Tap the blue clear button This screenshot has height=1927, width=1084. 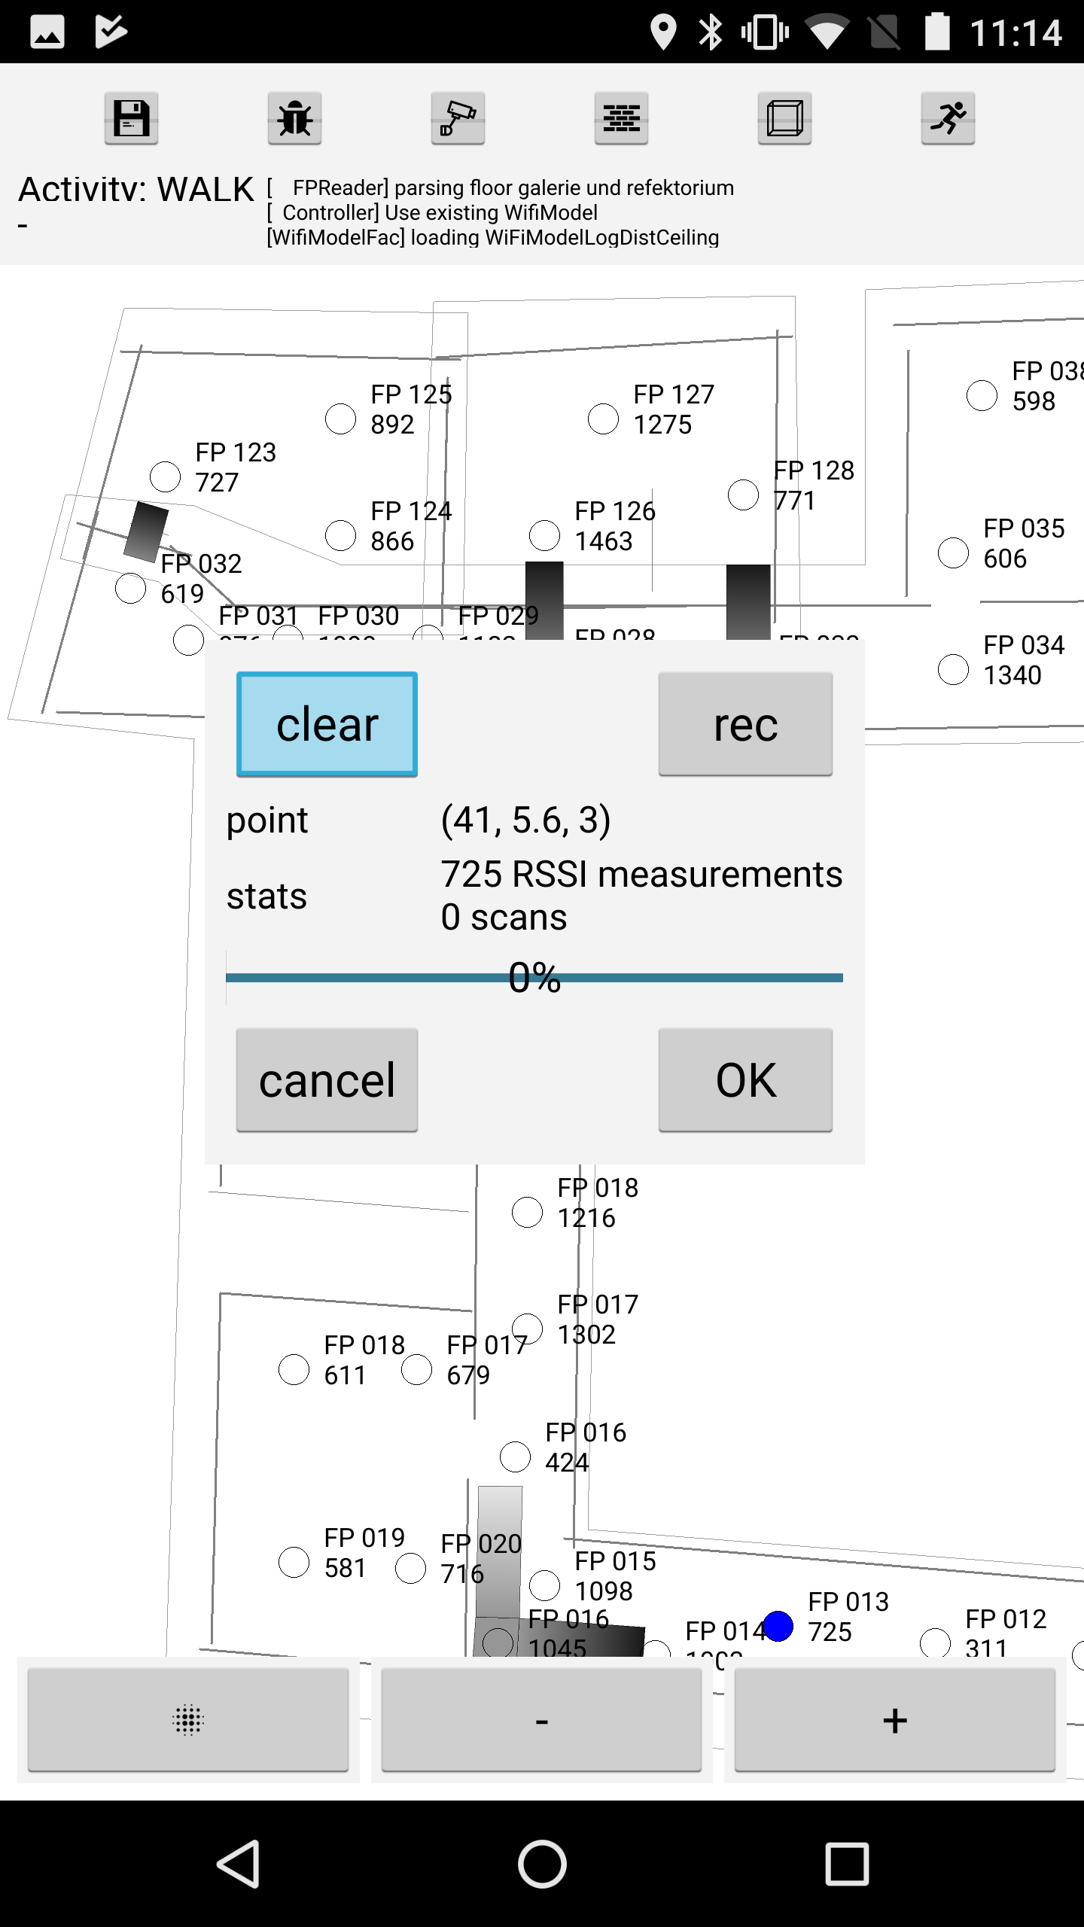(327, 724)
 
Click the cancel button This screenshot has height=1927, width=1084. (327, 1079)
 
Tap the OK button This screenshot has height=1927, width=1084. (745, 1079)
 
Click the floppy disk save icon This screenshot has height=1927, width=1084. (131, 118)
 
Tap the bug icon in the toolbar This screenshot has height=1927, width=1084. (294, 118)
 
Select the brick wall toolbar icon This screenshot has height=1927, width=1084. (621, 118)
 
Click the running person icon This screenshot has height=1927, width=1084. (948, 118)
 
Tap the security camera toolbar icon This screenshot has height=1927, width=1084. (458, 118)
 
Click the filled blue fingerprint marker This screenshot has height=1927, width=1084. (778, 1626)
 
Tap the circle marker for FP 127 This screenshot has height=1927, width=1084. (603, 419)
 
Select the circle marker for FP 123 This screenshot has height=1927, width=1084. (165, 476)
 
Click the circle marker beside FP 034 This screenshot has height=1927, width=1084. (953, 669)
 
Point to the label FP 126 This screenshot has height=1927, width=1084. (615, 511)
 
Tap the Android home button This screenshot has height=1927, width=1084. (542, 1864)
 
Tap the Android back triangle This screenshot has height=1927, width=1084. (239, 1864)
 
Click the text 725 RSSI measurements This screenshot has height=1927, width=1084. (641, 875)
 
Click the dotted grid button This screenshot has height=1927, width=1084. (188, 1720)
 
